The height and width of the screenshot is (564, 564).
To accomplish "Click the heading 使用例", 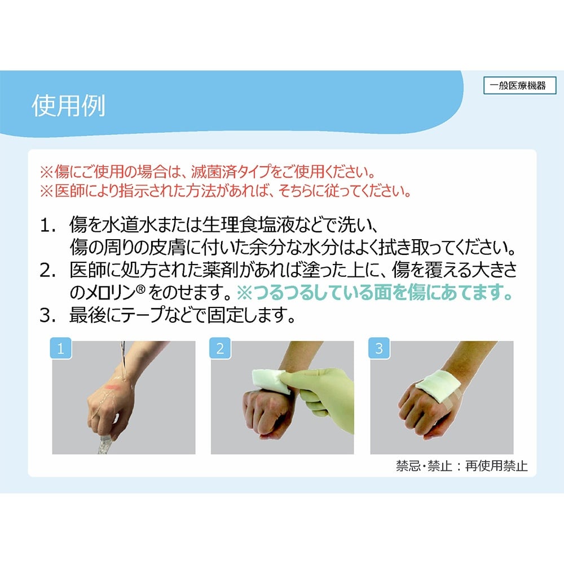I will [x=68, y=105].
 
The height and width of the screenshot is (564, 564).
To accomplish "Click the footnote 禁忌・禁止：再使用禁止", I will [x=462, y=466].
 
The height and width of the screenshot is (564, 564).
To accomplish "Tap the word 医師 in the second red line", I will [x=67, y=191].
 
